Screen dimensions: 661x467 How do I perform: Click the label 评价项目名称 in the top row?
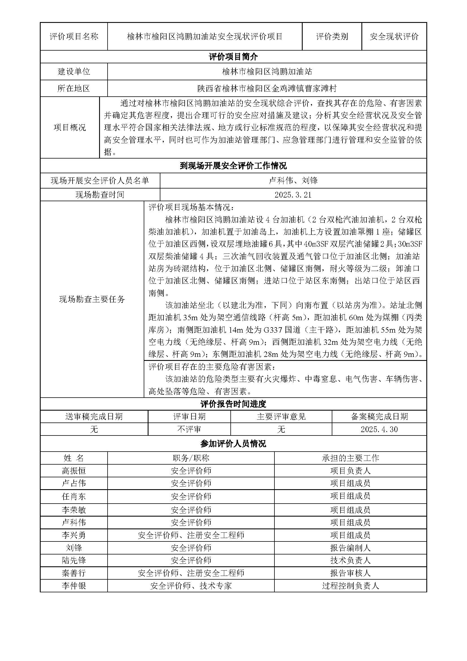[x=74, y=36]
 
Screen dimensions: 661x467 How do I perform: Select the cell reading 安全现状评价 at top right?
[x=394, y=36]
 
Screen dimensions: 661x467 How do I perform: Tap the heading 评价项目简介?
[x=233, y=57]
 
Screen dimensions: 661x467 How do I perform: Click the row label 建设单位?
[x=74, y=72]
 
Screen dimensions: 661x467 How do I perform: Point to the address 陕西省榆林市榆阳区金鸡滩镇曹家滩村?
[x=267, y=88]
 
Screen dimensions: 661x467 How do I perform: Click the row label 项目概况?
[x=70, y=127]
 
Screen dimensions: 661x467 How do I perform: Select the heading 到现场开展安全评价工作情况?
[x=233, y=166]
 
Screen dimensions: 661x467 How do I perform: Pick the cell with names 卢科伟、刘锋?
[x=293, y=181]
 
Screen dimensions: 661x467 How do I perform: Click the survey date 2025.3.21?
[x=293, y=195]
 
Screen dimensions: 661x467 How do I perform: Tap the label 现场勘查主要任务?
[x=92, y=299]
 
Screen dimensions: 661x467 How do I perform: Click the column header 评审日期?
[x=189, y=417]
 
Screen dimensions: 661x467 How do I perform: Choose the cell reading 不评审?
[x=189, y=429]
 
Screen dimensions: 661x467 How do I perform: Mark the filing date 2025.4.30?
[x=379, y=429]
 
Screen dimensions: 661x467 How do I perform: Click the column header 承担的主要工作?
[x=350, y=458]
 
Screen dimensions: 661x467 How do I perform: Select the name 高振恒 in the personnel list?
[x=74, y=471]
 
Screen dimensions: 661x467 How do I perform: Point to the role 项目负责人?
[x=350, y=471]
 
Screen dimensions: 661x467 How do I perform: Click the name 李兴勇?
[x=74, y=535]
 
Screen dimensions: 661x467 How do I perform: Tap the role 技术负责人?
[x=350, y=560]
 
